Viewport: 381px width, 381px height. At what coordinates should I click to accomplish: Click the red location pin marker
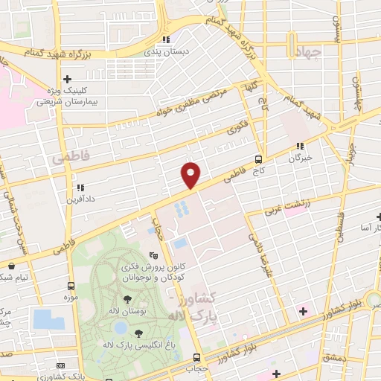point(191,175)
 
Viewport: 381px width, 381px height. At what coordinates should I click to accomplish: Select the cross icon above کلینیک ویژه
point(68,78)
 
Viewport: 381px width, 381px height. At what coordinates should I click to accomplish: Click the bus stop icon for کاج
point(258,159)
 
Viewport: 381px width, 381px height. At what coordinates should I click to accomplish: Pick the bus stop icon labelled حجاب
point(196,358)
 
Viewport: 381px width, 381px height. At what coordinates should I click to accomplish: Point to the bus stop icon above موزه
point(71,286)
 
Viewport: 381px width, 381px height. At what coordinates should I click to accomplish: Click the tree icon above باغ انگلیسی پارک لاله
point(138,332)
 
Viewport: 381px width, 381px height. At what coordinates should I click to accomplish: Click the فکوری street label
point(237,128)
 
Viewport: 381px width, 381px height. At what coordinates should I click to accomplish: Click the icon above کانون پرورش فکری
point(153,254)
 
